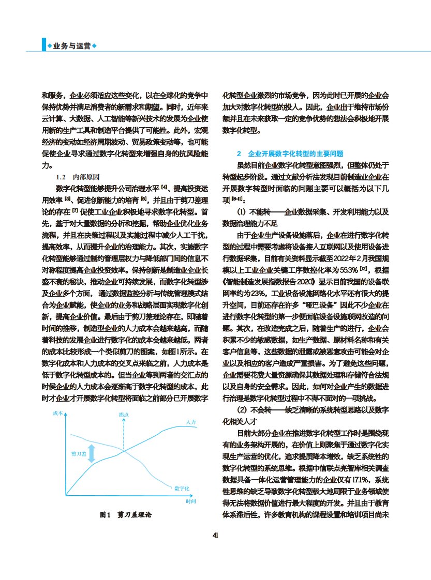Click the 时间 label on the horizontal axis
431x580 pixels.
coord(190,502)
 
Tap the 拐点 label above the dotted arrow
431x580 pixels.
coord(124,415)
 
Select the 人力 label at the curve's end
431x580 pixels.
coord(191,423)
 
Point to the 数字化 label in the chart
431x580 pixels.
coord(182,488)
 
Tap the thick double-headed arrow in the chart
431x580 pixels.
coord(92,453)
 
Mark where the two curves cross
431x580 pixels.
coord(124,451)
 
